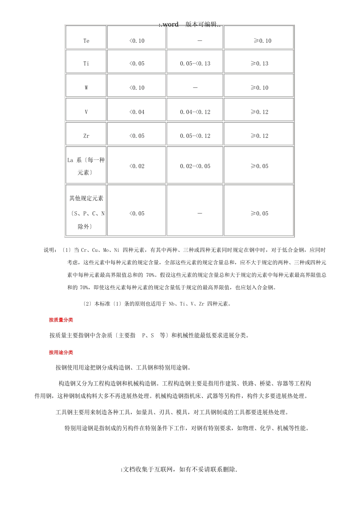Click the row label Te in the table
click(x=86, y=41)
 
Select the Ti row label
click(x=86, y=64)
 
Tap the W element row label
click(x=86, y=88)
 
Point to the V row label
click(x=86, y=112)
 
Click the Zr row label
click(x=86, y=136)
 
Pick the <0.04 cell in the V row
click(x=137, y=112)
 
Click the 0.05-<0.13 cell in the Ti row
click(x=195, y=64)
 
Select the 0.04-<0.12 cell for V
click(x=195, y=112)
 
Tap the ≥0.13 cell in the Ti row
click(x=260, y=64)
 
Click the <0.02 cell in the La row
click(x=137, y=166)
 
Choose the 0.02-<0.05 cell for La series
click(x=195, y=166)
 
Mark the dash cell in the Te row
click(x=200, y=41)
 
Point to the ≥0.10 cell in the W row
click(x=260, y=88)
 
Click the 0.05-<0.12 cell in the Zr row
click(x=195, y=136)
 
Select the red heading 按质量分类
click(x=61, y=320)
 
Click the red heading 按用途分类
click(x=61, y=353)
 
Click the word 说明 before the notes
click(x=50, y=250)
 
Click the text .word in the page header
click(x=169, y=25)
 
